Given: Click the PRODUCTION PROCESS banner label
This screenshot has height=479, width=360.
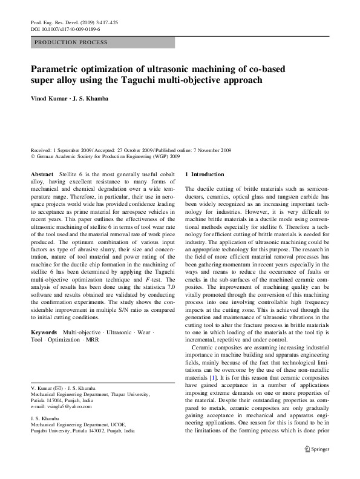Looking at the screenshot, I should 71,42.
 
